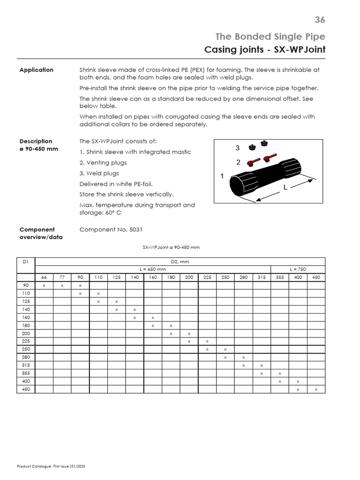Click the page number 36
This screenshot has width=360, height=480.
tap(320, 20)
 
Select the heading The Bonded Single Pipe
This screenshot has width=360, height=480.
tap(270, 36)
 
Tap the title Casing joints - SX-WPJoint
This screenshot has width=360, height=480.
tap(265, 49)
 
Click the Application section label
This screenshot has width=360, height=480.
tap(36, 70)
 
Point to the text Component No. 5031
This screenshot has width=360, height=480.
tap(111, 230)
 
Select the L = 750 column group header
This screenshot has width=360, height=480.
tap(298, 269)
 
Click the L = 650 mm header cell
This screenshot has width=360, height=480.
tap(153, 269)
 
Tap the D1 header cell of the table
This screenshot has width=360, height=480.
tap(26, 262)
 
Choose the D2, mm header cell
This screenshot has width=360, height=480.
tap(180, 262)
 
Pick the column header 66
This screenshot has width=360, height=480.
tap(44, 277)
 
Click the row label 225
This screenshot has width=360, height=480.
tap(26, 341)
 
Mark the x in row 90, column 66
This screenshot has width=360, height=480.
tap(44, 285)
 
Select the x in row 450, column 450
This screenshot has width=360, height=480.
tap(316, 390)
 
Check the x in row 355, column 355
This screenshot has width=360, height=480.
tap(280, 374)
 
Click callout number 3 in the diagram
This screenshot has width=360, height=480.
tap(238, 148)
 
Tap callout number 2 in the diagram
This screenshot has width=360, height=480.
tap(238, 163)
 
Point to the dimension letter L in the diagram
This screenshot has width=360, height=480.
tap(284, 187)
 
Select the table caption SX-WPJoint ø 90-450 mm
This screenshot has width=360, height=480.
tap(171, 247)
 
